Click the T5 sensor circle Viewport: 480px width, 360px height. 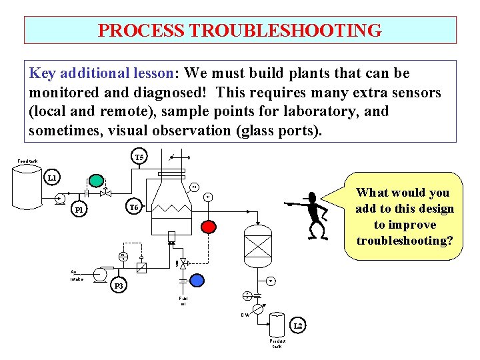click(x=139, y=158)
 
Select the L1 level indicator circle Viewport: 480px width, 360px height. click(x=52, y=178)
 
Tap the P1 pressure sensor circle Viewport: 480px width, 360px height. click(x=79, y=210)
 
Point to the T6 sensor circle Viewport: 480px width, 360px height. click(x=134, y=207)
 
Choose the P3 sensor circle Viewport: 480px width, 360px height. click(x=119, y=285)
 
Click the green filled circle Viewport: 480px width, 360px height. click(x=97, y=180)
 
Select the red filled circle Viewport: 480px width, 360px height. click(x=209, y=225)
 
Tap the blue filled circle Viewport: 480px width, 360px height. click(x=197, y=280)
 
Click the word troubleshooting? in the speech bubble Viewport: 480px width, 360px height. click(x=405, y=240)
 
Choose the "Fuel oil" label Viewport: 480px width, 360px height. click(x=183, y=301)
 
